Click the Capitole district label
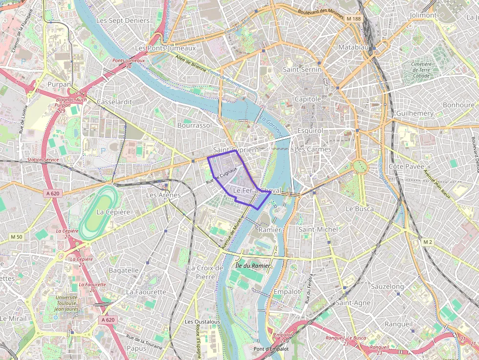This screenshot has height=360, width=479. (307, 99)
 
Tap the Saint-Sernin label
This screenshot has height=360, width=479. (302, 69)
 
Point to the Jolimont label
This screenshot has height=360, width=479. (423, 15)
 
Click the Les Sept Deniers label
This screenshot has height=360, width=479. (123, 21)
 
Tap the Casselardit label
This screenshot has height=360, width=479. (115, 102)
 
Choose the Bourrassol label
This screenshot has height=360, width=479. (195, 126)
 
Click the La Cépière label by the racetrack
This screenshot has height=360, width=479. (113, 212)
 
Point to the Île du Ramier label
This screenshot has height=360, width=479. (253, 266)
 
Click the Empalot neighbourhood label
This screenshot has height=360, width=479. (287, 292)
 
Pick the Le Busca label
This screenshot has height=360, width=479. (359, 209)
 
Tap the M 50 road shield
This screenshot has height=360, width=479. (16, 237)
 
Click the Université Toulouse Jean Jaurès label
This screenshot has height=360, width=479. (66, 303)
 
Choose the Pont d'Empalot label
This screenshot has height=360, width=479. (271, 349)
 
